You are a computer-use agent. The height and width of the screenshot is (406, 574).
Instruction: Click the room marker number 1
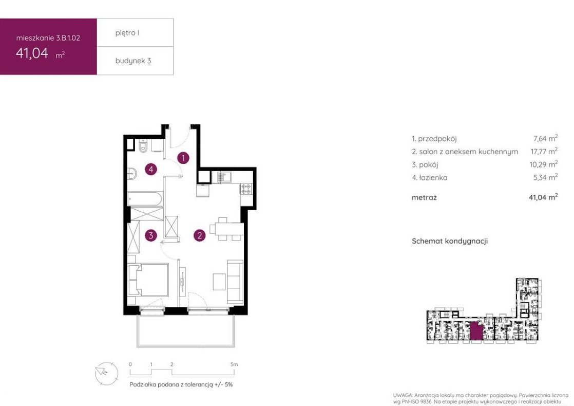(183, 158)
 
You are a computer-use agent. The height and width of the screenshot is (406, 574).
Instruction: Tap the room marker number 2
(200, 235)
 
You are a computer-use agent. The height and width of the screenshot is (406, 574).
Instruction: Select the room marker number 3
(151, 235)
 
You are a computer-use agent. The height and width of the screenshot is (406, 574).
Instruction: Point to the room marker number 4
(151, 169)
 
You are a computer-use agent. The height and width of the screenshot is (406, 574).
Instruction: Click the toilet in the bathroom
(143, 146)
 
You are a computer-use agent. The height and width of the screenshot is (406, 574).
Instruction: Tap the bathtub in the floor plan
(145, 199)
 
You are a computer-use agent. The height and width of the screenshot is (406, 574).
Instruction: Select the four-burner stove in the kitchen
(246, 189)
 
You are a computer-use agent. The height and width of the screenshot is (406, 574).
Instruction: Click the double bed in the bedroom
(148, 280)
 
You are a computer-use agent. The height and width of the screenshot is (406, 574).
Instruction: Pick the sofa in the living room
(235, 282)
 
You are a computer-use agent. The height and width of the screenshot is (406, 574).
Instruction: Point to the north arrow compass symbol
(106, 373)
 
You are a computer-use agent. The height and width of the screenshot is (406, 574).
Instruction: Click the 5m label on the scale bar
(234, 364)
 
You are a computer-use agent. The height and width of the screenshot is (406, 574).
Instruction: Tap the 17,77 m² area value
(544, 151)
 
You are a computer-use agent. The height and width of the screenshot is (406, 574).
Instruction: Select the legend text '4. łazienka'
(429, 178)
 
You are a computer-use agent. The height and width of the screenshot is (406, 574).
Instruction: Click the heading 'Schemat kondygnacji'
(450, 241)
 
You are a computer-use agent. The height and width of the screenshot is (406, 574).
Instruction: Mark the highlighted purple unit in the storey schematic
(476, 331)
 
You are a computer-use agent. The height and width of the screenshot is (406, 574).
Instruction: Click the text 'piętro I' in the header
(127, 33)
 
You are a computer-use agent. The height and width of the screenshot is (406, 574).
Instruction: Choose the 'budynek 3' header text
(133, 61)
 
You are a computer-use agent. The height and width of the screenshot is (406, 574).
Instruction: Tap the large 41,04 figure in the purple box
(32, 53)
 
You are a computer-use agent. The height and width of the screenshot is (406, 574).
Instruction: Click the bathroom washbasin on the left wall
(132, 173)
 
